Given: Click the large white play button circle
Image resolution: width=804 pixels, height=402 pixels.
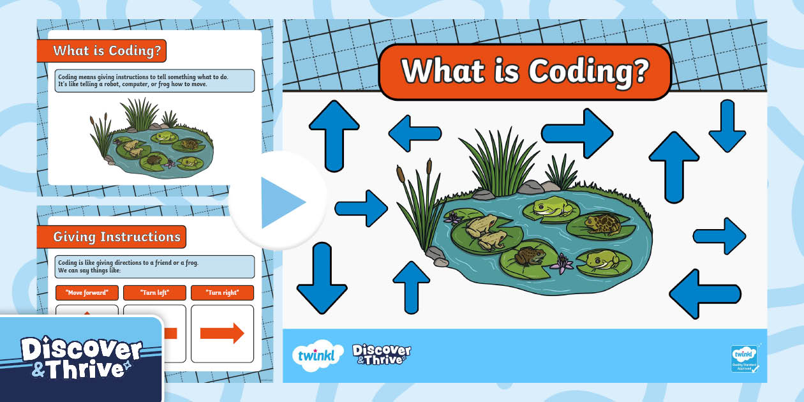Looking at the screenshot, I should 278,201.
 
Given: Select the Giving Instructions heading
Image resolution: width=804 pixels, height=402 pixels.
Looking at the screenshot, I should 117,237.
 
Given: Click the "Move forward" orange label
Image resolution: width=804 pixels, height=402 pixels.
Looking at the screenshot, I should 87,293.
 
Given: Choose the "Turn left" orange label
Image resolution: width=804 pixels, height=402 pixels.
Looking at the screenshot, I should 154,293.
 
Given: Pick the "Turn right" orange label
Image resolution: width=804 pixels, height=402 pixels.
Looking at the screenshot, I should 222,293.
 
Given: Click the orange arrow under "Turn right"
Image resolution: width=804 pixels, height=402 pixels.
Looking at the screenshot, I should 222,333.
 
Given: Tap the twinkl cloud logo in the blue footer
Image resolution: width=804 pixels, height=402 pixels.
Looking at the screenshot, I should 313,355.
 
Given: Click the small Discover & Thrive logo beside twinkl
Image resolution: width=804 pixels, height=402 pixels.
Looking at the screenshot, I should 382,354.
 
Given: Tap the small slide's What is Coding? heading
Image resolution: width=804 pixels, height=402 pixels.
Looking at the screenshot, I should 107,50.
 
